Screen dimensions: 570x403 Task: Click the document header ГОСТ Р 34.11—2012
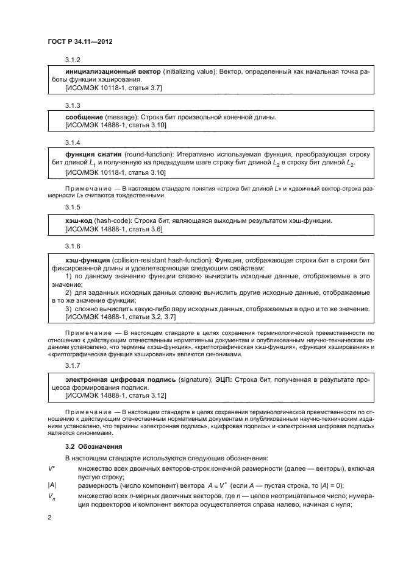79,41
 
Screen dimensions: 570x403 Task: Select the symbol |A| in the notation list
52,485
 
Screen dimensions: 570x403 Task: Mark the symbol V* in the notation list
51,468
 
